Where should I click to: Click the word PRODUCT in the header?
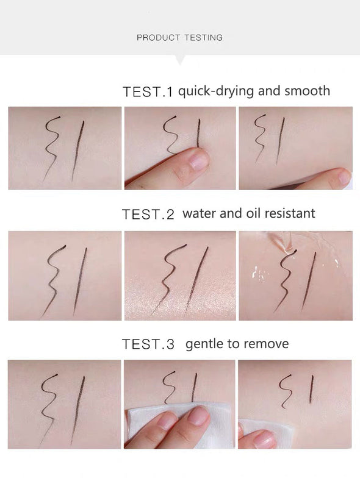(x=159, y=38)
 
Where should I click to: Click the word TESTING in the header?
(x=203, y=38)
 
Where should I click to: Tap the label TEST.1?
(x=148, y=91)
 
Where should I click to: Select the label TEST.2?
(x=148, y=214)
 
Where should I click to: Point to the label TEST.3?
(x=148, y=344)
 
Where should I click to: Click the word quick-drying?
(x=217, y=91)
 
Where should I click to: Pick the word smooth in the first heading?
(x=307, y=91)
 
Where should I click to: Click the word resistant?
(x=290, y=213)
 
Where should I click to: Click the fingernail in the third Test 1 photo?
(x=344, y=177)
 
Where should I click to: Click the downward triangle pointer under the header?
(x=180, y=60)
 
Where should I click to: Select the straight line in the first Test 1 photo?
(x=78, y=151)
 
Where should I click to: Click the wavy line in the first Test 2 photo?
(x=54, y=280)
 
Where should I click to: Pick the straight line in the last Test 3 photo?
(x=311, y=390)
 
